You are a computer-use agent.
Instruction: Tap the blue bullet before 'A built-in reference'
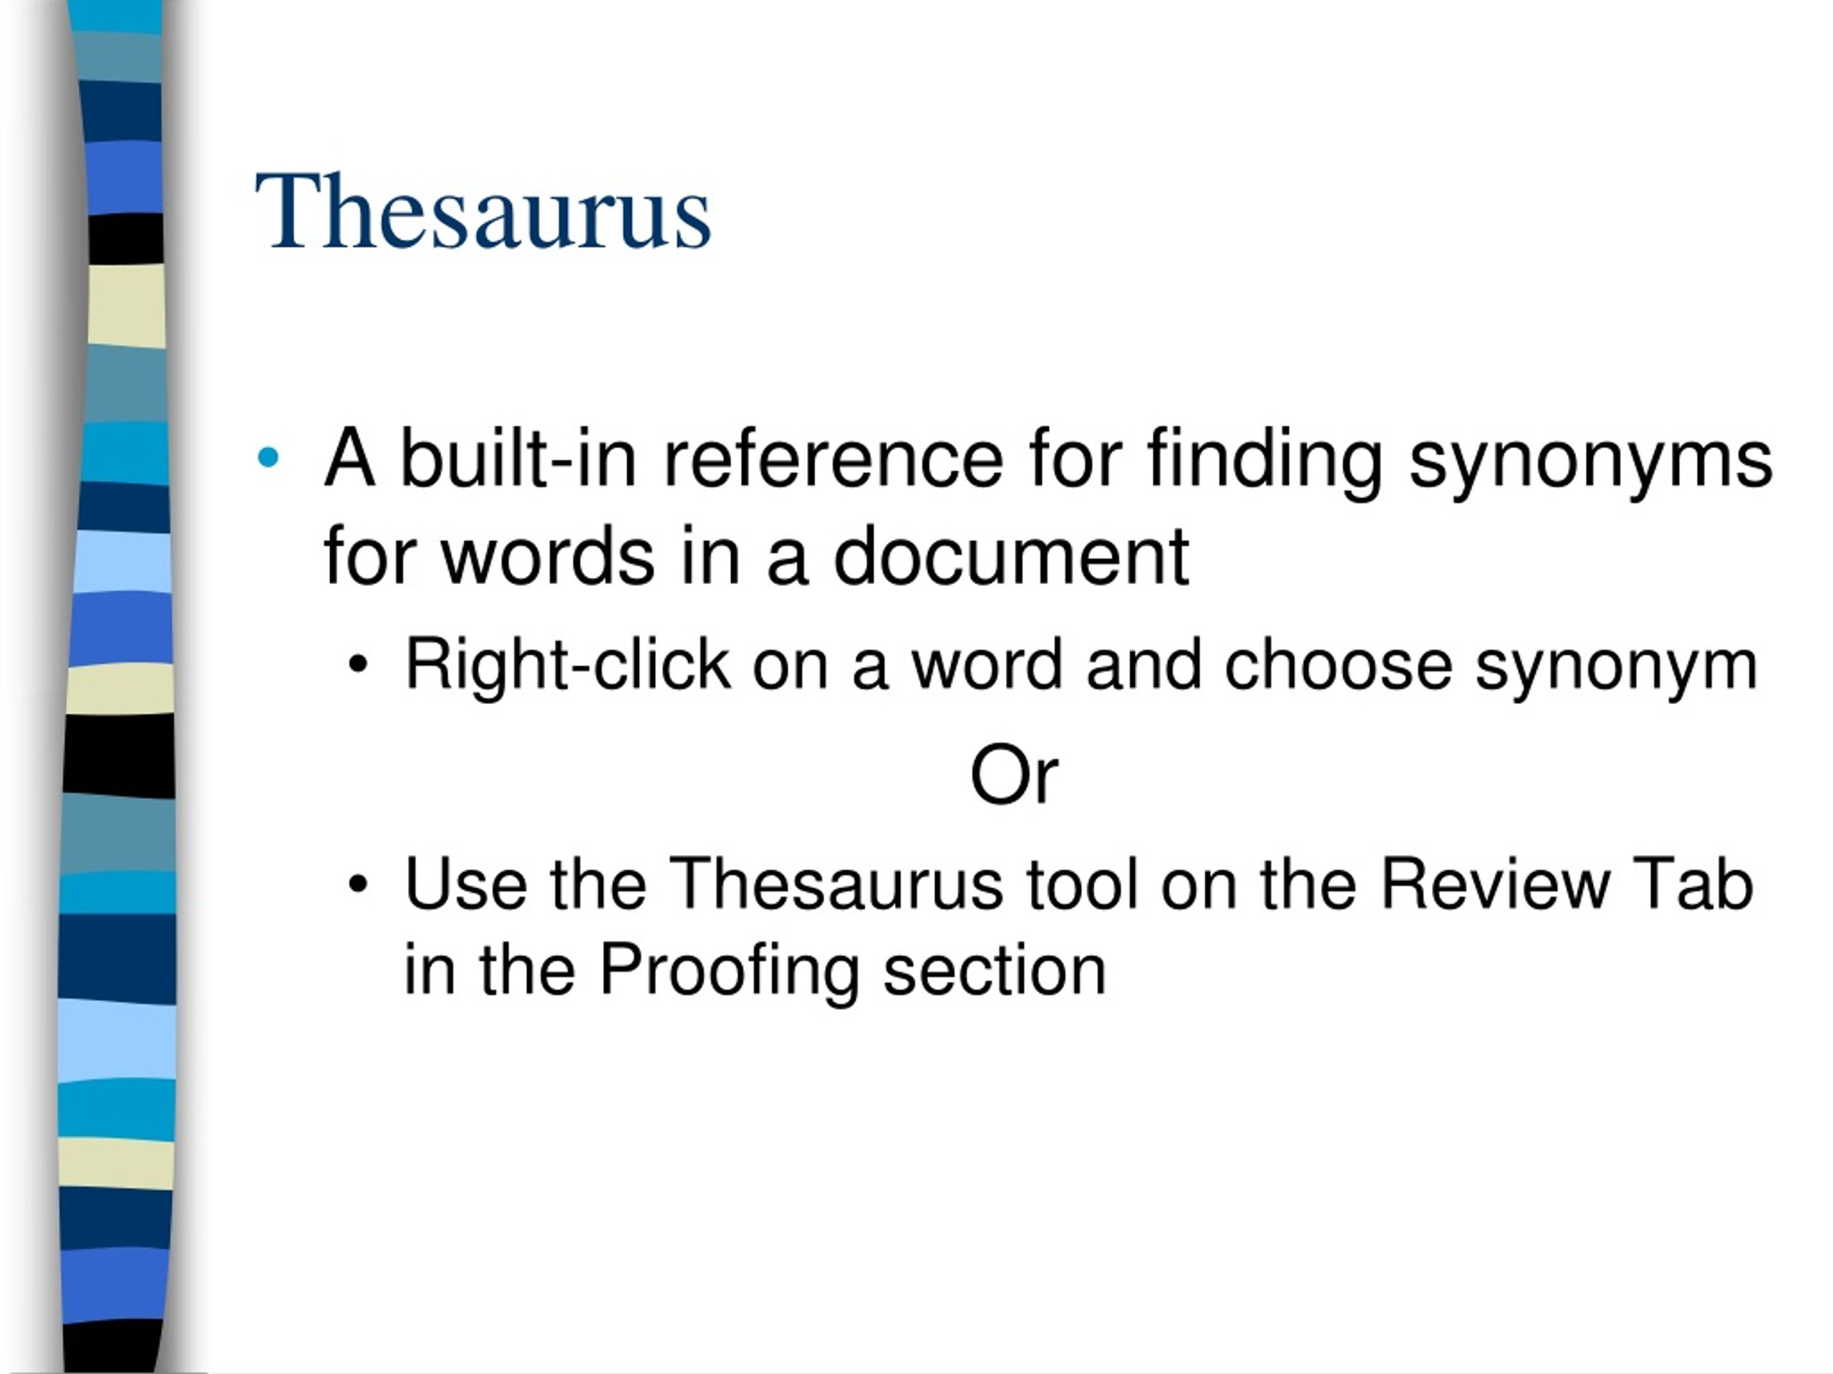[268, 457]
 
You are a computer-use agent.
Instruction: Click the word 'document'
[1011, 556]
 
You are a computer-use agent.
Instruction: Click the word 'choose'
[1338, 665]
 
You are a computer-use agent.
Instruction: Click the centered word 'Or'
[1013, 775]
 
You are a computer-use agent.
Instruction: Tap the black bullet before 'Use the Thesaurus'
[358, 885]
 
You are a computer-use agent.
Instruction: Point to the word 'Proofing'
[728, 970]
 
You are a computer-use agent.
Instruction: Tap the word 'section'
[995, 970]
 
